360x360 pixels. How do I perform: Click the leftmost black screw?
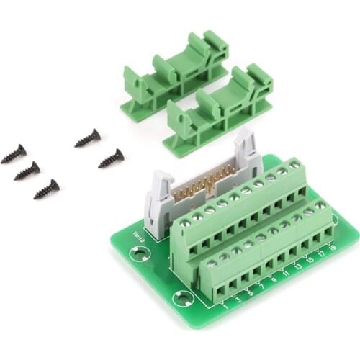click(x=13, y=153)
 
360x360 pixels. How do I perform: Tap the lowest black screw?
click(x=46, y=189)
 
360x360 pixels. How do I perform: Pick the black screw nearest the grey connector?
click(x=111, y=158)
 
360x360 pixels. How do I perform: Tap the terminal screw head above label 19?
click(x=319, y=206)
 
